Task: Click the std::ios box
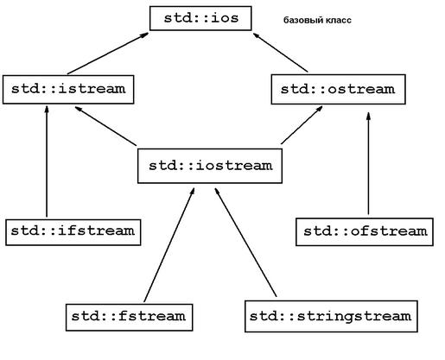coord(200,18)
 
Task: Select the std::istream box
coord(68,90)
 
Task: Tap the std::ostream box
coord(339,90)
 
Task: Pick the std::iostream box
coord(210,166)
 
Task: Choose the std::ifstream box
coord(73,232)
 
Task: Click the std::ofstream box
coord(365,232)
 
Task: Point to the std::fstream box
coord(129,318)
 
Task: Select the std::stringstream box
coord(331,316)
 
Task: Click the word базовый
coord(303,21)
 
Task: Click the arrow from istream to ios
coord(108,54)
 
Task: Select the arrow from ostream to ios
coord(281,53)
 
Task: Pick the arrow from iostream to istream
coord(105,126)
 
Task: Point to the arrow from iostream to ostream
coord(302,125)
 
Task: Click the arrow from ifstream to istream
coord(47,161)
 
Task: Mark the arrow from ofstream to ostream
coord(368,163)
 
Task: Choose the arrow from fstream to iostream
coord(169,245)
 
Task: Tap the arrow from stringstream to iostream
coord(245,243)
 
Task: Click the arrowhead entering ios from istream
coord(144,35)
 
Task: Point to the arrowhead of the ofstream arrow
coord(368,116)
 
